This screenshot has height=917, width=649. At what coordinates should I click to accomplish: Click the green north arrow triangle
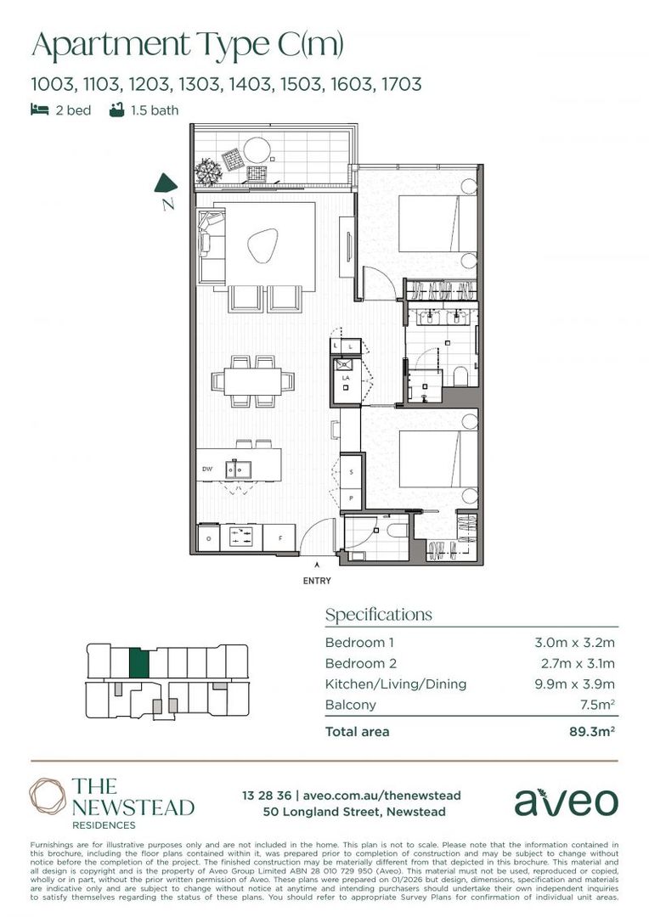pos(165,184)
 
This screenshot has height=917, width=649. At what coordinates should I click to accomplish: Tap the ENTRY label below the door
pos(317,581)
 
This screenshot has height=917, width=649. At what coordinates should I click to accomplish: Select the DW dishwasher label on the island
pos(207,469)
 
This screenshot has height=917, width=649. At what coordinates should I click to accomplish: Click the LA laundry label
pos(346,378)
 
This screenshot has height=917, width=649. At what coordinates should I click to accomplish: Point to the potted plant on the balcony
pos(208,172)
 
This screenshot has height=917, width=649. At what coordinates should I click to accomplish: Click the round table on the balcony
pos(257,149)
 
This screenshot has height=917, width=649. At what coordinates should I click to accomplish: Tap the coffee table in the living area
pos(262,245)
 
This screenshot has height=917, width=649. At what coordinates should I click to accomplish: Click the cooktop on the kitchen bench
pos(242,537)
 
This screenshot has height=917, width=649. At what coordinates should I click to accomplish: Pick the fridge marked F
pos(279,537)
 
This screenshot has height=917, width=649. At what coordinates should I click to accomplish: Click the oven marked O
pos(209,537)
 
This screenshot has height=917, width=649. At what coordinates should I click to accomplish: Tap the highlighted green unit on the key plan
pos(139,662)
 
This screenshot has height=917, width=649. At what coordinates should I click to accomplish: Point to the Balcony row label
pos(351,705)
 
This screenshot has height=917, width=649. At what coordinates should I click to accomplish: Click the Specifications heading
pos(379,615)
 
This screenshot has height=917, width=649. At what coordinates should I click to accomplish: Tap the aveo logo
pos(566,802)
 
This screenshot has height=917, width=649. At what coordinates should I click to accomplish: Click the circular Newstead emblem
pos(48,796)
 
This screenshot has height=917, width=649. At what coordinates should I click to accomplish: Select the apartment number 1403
pos(250,84)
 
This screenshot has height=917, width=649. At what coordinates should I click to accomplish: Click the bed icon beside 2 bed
pos(39,110)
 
